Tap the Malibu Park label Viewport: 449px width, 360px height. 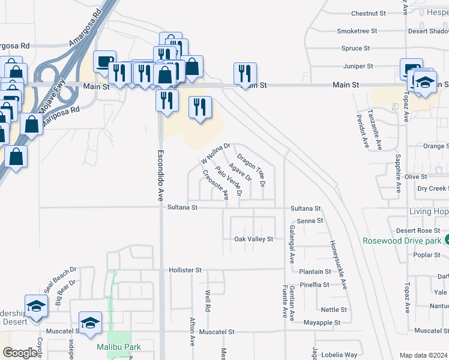(x=119, y=347)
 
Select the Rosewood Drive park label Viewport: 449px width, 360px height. (x=401, y=241)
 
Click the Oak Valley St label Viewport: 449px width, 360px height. (x=253, y=239)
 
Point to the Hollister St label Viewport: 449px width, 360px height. (x=184, y=270)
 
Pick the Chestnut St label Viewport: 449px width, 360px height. (x=368, y=13)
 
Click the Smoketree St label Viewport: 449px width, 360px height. (x=357, y=31)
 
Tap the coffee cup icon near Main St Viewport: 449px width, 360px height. (x=104, y=62)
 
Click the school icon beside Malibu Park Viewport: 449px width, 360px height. (x=90, y=322)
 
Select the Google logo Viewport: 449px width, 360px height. (x=20, y=353)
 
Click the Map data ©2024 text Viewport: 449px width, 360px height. (x=423, y=355)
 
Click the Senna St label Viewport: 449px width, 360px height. (x=310, y=221)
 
